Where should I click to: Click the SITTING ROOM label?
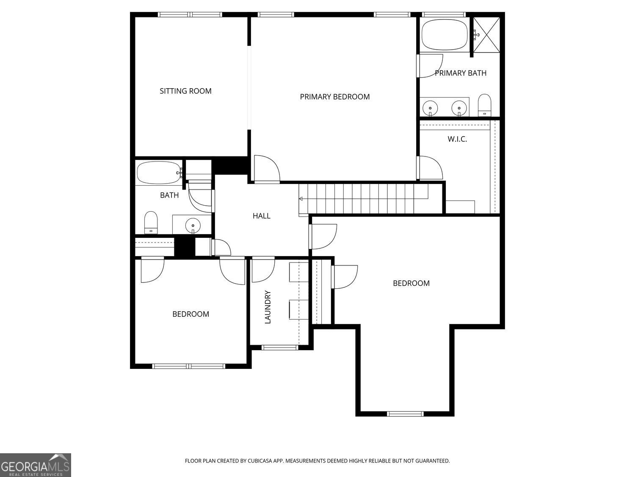185,91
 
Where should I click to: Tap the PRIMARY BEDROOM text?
334,97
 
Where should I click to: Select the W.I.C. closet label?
457,139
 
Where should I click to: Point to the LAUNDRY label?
268,307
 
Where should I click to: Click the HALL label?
261,216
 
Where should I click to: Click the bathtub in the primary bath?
444,35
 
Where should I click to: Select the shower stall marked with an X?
486,35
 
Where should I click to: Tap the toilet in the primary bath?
484,105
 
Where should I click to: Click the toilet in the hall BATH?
151,222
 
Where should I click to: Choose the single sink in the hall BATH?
193,225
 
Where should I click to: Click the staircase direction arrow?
301,198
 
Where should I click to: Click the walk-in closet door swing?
430,168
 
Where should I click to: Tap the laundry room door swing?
263,269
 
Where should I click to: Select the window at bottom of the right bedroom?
405,414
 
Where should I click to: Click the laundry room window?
280,348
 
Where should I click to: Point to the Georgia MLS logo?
36,465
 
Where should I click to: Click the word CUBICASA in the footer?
259,460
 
